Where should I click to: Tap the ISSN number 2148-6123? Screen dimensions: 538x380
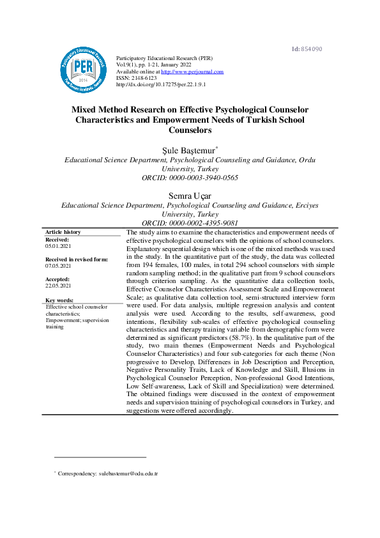143,78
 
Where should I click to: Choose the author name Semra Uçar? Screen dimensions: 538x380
190,195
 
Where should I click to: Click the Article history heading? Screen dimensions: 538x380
63,232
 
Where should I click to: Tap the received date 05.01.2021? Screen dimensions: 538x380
58,245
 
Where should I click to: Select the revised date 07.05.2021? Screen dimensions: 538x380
58,265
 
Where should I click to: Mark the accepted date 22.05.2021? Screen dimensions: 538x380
58,286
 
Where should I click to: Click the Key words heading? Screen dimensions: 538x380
59,300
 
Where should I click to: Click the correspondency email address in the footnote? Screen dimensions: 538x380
127,473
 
